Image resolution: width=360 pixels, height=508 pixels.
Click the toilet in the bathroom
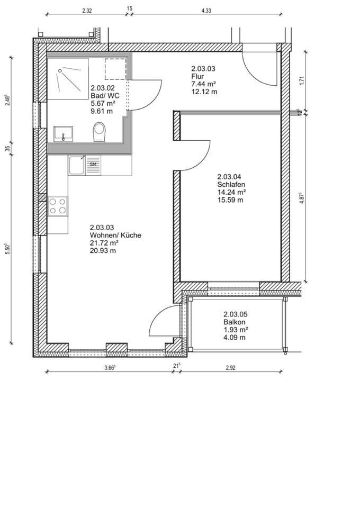click(x=99, y=132)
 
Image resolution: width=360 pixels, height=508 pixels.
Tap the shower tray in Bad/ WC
click(x=68, y=79)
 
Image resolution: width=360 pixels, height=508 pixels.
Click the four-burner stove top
click(x=58, y=206)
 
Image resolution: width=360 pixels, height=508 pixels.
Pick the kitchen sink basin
click(x=76, y=165)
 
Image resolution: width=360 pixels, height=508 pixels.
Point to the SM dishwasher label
click(x=93, y=164)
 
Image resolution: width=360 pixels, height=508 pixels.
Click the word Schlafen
click(x=231, y=184)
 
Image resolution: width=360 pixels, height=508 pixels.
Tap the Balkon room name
click(x=234, y=322)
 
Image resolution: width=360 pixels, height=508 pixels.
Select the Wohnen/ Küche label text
click(x=116, y=235)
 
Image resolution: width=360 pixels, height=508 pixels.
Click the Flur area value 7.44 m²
click(x=203, y=84)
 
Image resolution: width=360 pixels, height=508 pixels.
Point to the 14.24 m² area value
click(x=231, y=192)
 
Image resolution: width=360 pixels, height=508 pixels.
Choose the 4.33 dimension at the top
click(x=206, y=11)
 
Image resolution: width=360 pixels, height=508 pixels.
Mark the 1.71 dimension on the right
click(x=301, y=79)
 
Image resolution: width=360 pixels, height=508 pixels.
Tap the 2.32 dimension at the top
click(x=87, y=11)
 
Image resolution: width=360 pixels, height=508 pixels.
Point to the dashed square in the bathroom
click(x=115, y=69)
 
